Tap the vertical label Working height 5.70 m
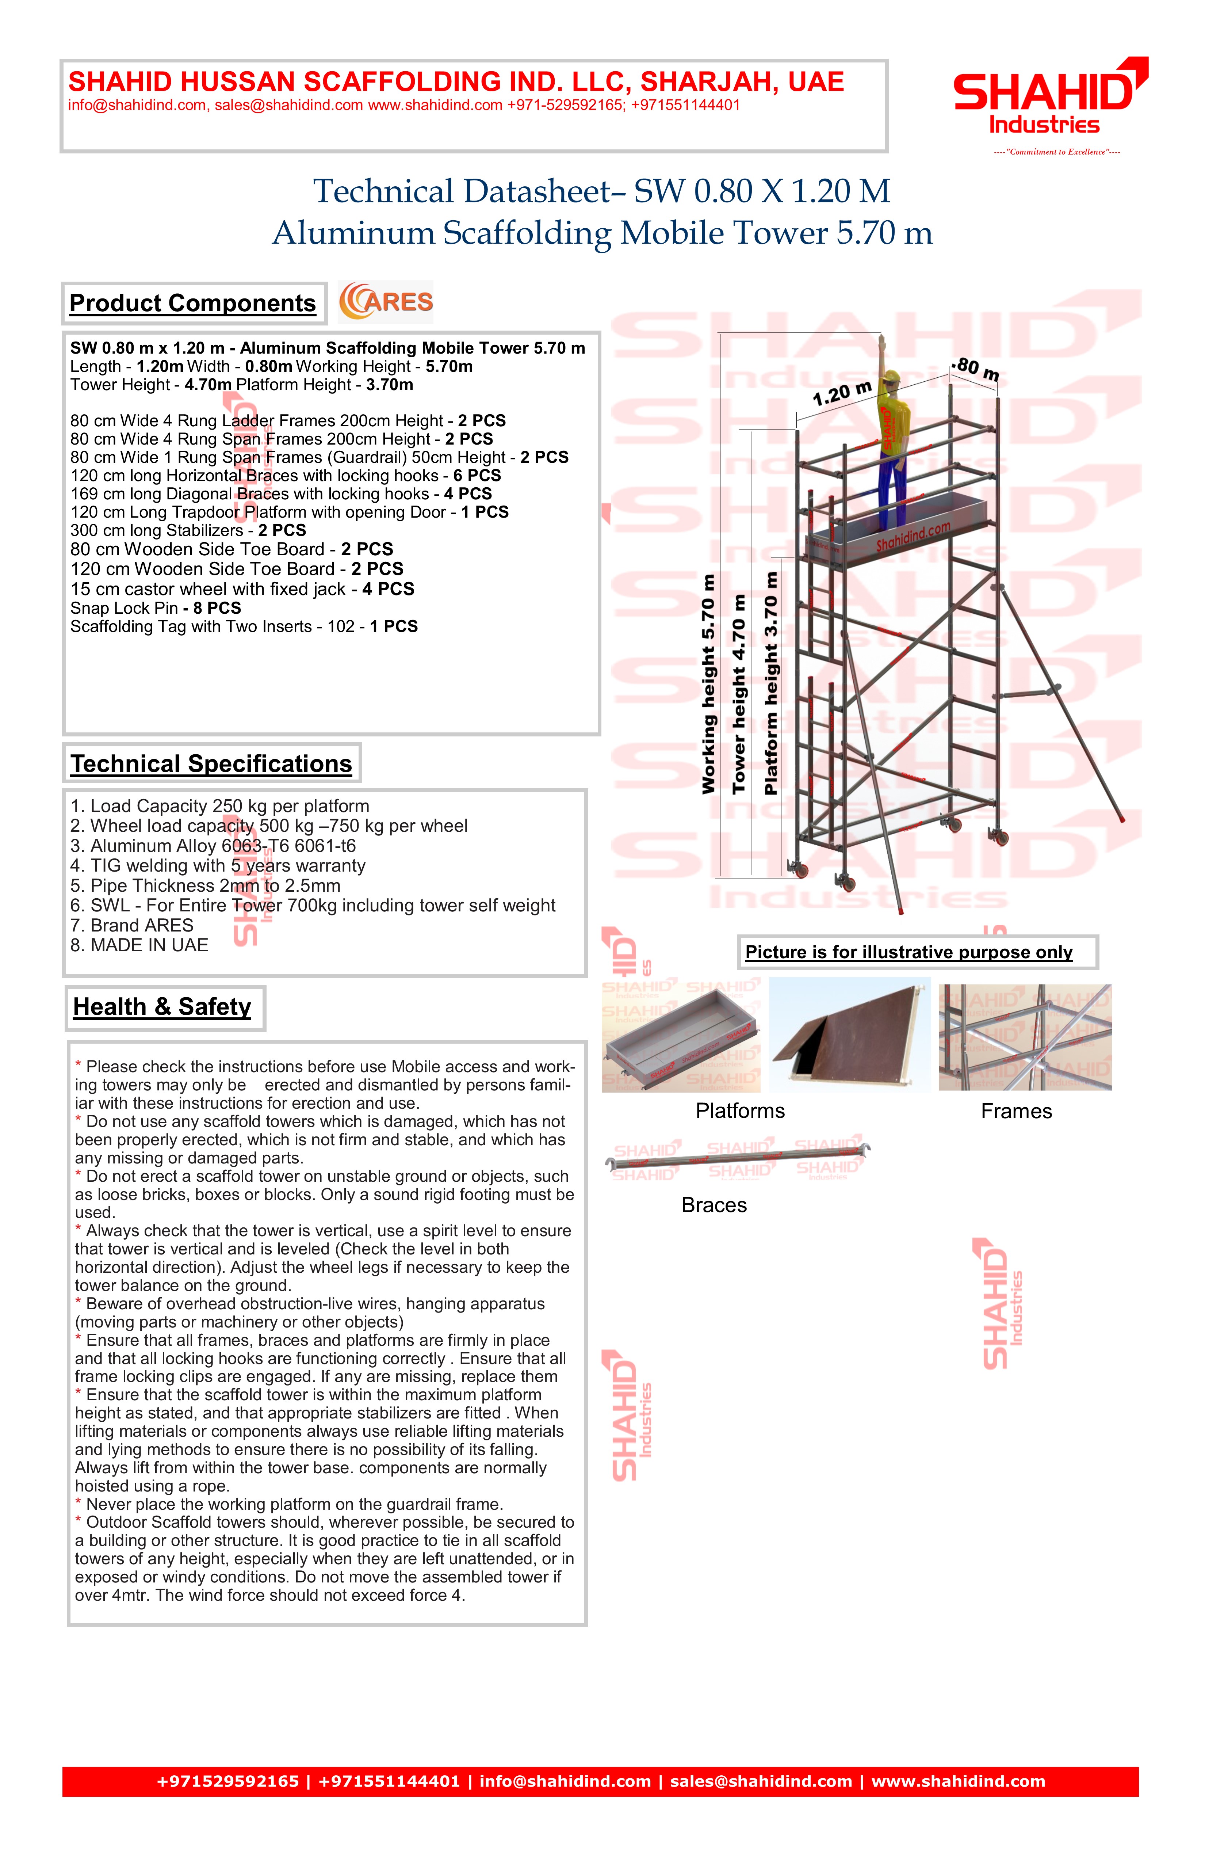point(709,683)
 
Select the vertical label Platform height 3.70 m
point(771,683)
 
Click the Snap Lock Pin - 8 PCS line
point(156,608)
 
